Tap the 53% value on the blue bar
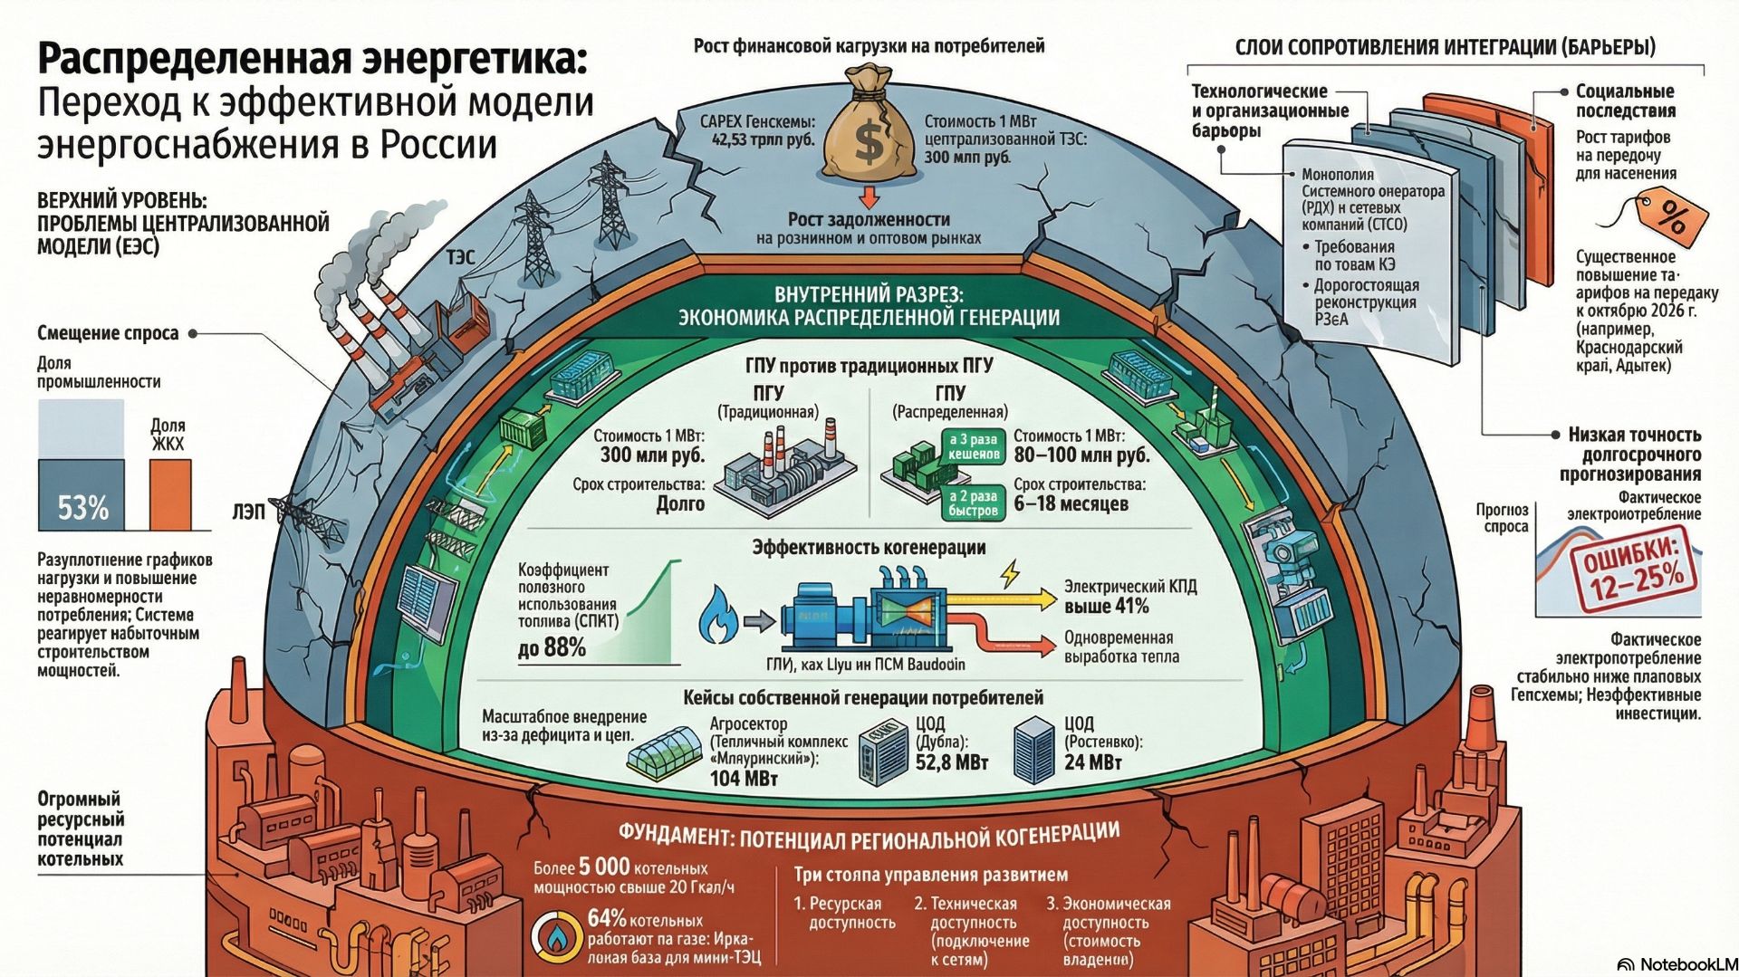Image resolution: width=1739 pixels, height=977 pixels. pyautogui.click(x=82, y=508)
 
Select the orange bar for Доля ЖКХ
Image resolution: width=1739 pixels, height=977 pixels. pyautogui.click(x=170, y=494)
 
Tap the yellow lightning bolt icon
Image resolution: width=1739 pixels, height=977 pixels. pyautogui.click(x=1009, y=573)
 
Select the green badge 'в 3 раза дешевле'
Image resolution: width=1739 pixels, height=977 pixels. pyautogui.click(x=973, y=446)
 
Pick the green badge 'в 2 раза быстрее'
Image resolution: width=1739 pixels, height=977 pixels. pyautogui.click(x=973, y=503)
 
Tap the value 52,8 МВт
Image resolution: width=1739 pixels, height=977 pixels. pyautogui.click(x=951, y=763)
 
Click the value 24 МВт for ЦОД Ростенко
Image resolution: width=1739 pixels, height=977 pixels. pyautogui.click(x=1092, y=762)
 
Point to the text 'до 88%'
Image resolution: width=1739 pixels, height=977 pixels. pyautogui.click(x=552, y=648)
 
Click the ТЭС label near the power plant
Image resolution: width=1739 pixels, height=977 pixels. pyautogui.click(x=460, y=258)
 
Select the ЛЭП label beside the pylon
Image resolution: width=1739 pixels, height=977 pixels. pyautogui.click(x=248, y=512)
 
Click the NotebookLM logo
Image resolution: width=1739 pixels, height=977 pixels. pyautogui.click(x=1677, y=965)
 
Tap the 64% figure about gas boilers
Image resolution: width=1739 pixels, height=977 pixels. pyautogui.click(x=606, y=919)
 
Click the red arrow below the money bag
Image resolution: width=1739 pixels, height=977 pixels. pyautogui.click(x=869, y=196)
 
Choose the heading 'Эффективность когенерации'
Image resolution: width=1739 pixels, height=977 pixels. pyautogui.click(x=869, y=548)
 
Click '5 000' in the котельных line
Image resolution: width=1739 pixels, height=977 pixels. pyautogui.click(x=604, y=867)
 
